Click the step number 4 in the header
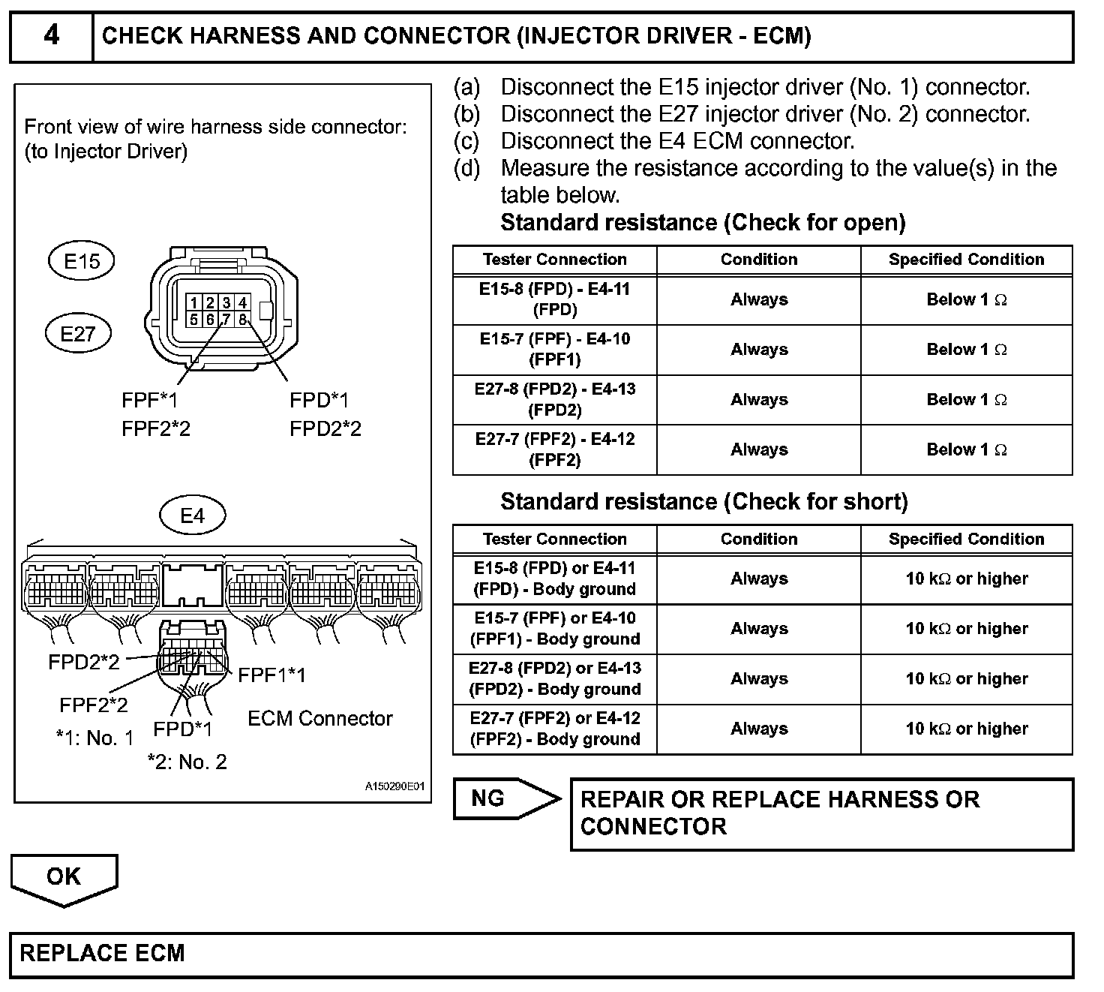click(51, 35)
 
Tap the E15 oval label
click(82, 261)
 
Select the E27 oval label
click(78, 333)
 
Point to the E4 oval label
click(193, 516)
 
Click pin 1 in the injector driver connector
click(193, 303)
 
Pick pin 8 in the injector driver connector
click(242, 319)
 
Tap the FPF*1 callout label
click(151, 400)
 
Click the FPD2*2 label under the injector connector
click(325, 428)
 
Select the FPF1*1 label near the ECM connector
click(271, 675)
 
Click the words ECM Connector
click(320, 718)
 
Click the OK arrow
click(64, 878)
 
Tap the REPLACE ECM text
click(102, 954)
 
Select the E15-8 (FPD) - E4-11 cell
click(555, 299)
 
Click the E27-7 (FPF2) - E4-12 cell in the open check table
click(555, 449)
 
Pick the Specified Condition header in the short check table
click(966, 539)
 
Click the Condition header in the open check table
click(759, 260)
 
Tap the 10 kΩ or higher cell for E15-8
click(966, 579)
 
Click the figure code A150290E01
click(394, 786)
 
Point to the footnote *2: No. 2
click(187, 762)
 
